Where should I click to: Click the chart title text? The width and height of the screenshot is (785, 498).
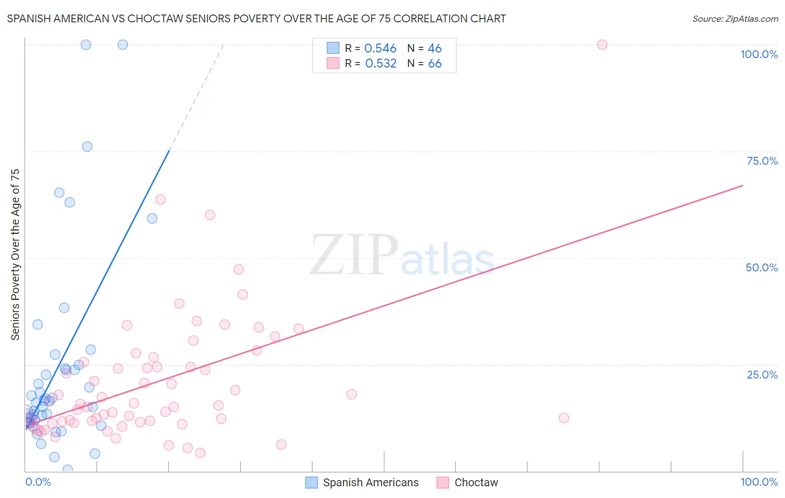point(256,18)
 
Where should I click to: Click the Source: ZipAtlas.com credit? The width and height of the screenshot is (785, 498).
point(735,18)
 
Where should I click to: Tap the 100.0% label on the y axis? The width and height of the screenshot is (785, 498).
point(759,54)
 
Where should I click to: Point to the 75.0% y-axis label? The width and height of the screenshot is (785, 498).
point(762,161)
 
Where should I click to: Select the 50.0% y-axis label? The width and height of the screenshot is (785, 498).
point(762,267)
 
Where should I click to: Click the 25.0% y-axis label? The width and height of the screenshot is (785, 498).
point(762,375)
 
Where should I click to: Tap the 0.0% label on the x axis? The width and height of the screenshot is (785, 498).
point(38,482)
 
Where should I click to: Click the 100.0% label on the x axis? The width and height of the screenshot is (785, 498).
point(759,482)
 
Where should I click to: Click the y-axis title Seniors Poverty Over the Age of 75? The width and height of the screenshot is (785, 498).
point(16,254)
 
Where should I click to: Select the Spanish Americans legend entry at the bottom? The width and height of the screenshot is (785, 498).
point(370,482)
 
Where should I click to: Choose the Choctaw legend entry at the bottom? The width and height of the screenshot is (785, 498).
point(476,482)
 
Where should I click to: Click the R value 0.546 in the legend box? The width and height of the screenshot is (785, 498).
point(380,49)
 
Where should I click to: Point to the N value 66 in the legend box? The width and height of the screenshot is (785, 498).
point(434,64)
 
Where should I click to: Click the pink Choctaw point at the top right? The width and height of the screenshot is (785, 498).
point(602,45)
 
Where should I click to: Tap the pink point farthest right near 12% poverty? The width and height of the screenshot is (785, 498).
point(564,418)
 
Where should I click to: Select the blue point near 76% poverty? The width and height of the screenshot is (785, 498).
point(87,147)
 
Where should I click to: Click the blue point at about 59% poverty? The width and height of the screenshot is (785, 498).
point(152,218)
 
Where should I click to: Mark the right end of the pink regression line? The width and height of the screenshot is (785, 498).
point(743,185)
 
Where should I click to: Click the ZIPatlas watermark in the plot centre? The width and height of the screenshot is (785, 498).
point(402,256)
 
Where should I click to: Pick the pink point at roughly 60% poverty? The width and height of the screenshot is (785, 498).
point(210,215)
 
